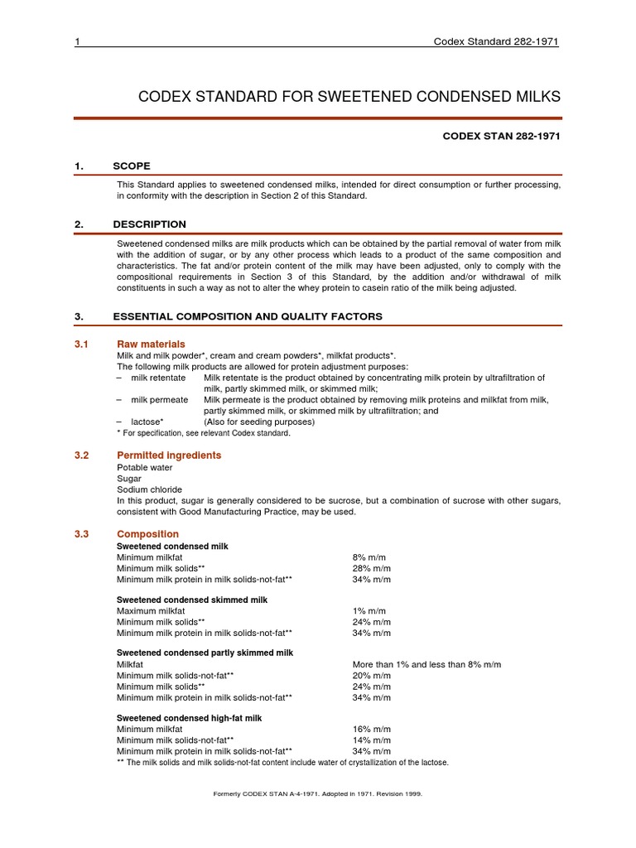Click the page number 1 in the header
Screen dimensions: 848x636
click(77, 43)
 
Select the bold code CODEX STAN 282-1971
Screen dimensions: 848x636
click(503, 137)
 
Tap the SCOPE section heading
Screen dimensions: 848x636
click(132, 166)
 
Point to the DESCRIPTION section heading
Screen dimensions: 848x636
click(149, 224)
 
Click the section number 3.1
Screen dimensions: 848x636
click(82, 344)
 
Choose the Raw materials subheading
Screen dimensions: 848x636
click(151, 344)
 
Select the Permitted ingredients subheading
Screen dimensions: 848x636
click(169, 455)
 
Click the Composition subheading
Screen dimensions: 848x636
click(147, 534)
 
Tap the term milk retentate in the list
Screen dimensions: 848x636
click(156, 378)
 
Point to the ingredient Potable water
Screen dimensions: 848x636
click(145, 467)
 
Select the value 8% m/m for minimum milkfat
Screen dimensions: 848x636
click(370, 557)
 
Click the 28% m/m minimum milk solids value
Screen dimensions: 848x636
click(372, 568)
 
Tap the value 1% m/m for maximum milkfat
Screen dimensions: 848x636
click(370, 610)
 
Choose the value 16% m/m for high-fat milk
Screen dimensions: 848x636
click(372, 730)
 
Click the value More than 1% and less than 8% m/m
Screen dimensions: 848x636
click(426, 665)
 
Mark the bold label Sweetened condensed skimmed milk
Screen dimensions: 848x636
click(191, 600)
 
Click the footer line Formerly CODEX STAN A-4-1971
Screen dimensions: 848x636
click(318, 793)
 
